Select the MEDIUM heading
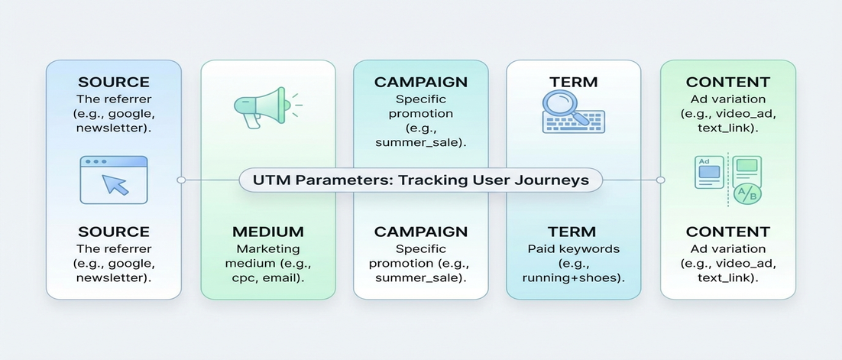click(268, 232)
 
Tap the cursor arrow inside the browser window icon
click(115, 183)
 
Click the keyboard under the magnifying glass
click(573, 122)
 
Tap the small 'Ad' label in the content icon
click(705, 161)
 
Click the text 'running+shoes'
click(574, 278)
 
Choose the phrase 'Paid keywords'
click(574, 248)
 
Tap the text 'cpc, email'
click(268, 278)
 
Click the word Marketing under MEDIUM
click(268, 248)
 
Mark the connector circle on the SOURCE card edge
click(180, 180)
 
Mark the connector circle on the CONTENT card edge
click(661, 180)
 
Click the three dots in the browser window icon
click(96, 163)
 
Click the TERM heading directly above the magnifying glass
click(573, 82)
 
